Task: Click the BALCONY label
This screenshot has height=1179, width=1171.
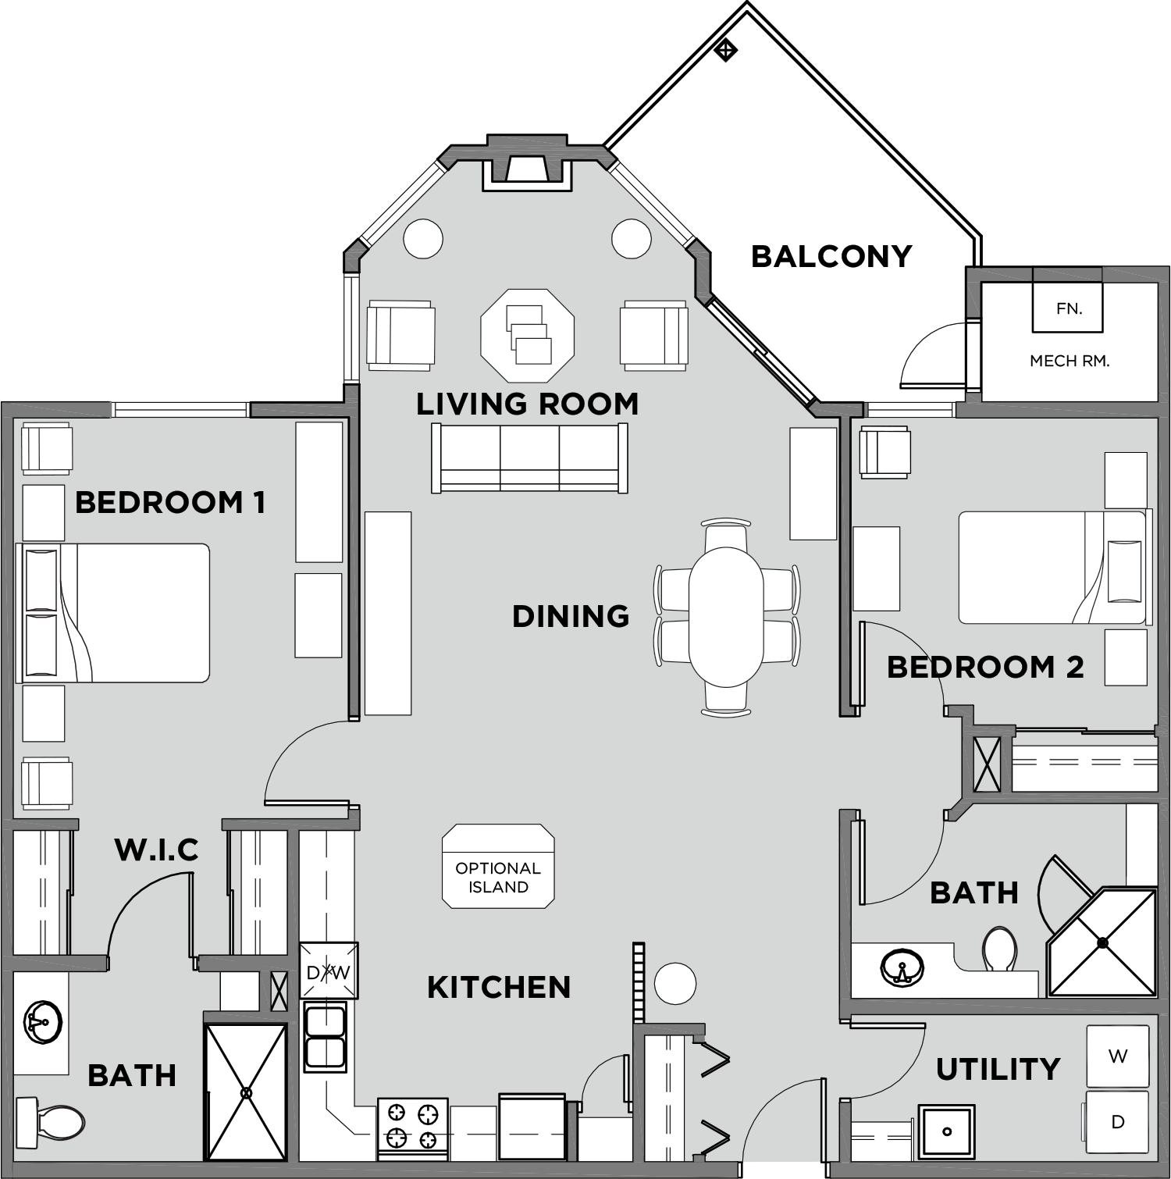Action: pyautogui.click(x=831, y=256)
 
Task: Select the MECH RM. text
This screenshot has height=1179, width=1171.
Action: pyautogui.click(x=1069, y=361)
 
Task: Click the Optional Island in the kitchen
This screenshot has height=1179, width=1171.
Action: pyautogui.click(x=498, y=867)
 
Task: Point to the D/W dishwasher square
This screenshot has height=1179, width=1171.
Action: pyautogui.click(x=329, y=971)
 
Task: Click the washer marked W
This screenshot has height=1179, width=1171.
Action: pyautogui.click(x=1117, y=1056)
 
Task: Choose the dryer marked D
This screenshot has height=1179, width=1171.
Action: pyautogui.click(x=1117, y=1121)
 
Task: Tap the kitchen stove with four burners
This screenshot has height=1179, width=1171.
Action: pyautogui.click(x=412, y=1127)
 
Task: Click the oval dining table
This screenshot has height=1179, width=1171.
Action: pyautogui.click(x=726, y=617)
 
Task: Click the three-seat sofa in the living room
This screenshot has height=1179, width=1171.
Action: pyautogui.click(x=529, y=458)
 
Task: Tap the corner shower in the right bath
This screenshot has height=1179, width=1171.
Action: pyautogui.click(x=1102, y=943)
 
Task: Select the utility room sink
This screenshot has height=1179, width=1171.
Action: pyautogui.click(x=946, y=1131)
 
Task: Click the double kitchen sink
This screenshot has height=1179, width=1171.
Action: pyautogui.click(x=325, y=1037)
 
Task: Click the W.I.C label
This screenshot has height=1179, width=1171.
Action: pyautogui.click(x=156, y=850)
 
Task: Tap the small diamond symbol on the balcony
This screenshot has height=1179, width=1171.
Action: pyautogui.click(x=726, y=51)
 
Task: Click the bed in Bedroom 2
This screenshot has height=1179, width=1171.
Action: pyautogui.click(x=1050, y=568)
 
